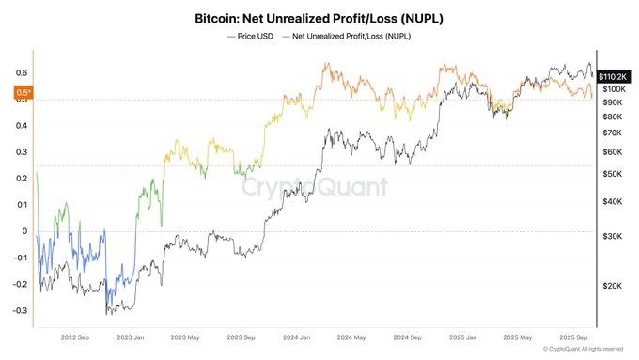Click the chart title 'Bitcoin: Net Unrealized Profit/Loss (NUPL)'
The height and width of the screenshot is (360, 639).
[x=319, y=18]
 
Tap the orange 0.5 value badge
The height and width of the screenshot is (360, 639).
[x=23, y=92]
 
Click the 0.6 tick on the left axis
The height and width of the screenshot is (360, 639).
[x=21, y=72]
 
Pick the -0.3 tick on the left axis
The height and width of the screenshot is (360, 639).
[x=19, y=310]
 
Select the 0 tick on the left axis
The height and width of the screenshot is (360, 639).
[x=25, y=231]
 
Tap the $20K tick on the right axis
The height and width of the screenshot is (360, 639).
[x=614, y=285]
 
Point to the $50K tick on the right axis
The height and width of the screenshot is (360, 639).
[x=614, y=174]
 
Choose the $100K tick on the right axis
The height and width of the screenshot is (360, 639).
[x=616, y=88]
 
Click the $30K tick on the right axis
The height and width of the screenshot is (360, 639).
[x=614, y=236]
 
